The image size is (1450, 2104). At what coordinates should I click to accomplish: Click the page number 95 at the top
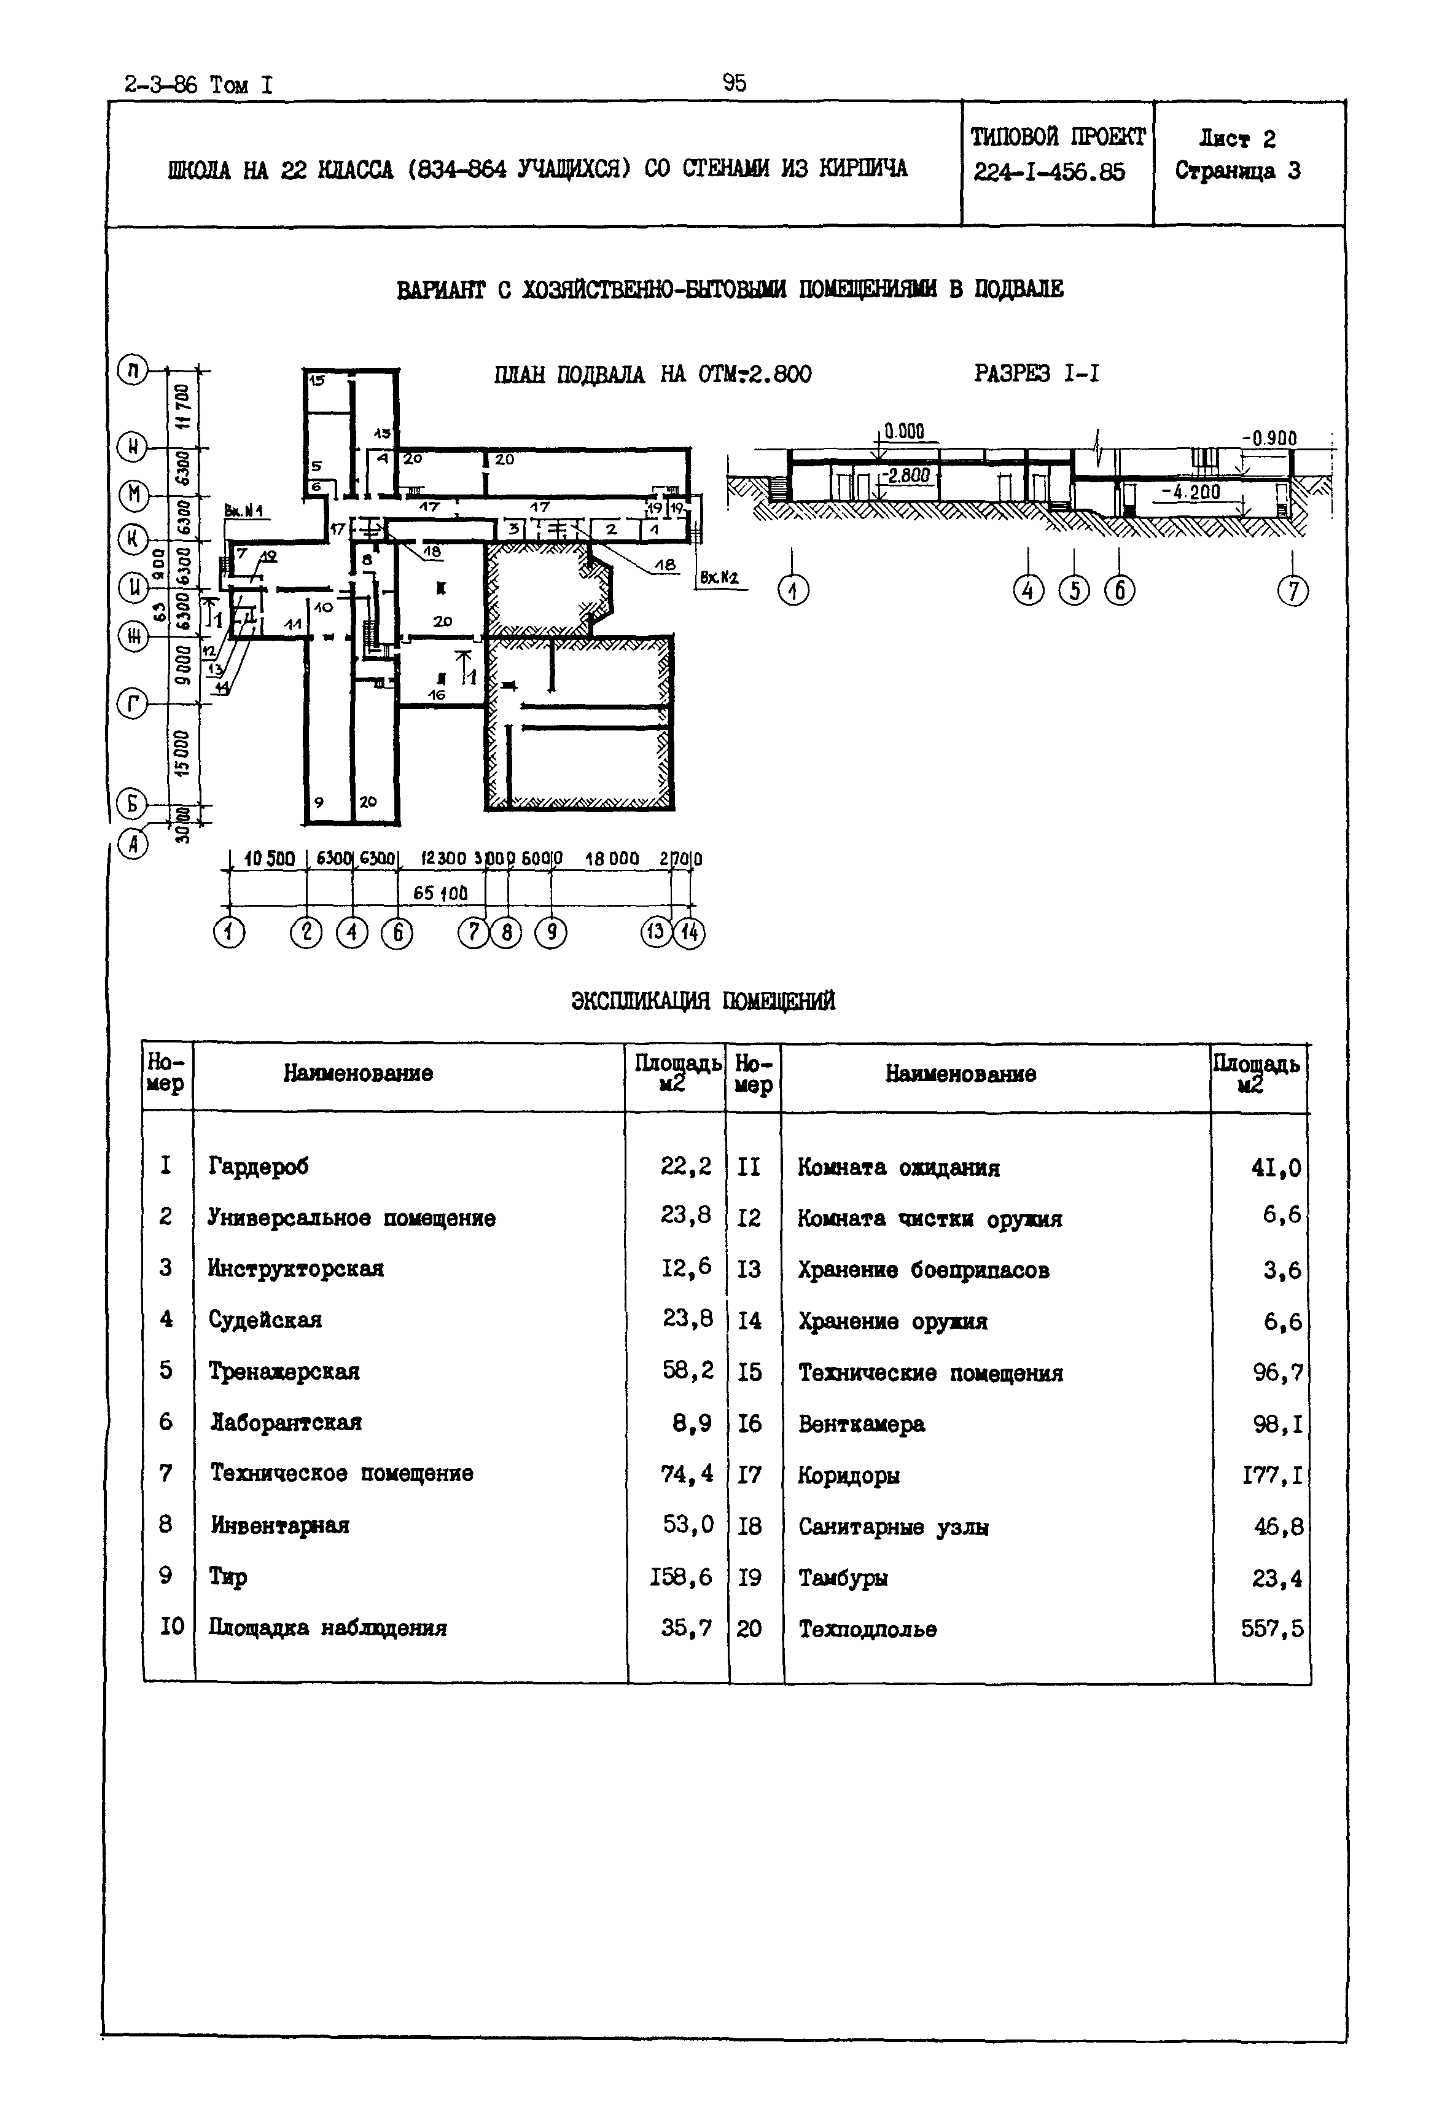tap(734, 84)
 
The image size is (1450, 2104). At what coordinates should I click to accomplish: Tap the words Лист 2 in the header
tap(1238, 139)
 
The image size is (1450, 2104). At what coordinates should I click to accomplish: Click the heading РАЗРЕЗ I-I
tap(1037, 373)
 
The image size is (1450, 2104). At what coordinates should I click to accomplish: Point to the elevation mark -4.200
tap(1190, 491)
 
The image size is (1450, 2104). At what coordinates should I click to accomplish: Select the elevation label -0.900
tap(1269, 438)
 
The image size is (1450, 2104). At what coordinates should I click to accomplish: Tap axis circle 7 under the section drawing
tap(1292, 591)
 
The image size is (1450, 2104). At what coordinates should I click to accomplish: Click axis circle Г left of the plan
tap(133, 703)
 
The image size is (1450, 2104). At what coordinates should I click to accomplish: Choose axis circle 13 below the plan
tap(656, 933)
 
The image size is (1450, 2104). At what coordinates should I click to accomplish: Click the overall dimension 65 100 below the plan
tap(440, 893)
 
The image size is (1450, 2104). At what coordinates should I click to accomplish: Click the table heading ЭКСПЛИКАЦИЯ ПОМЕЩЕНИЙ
tap(703, 1001)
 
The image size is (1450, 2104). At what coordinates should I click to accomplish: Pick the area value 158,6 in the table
tap(680, 1576)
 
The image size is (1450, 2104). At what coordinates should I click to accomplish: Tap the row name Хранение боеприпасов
tap(923, 1270)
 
